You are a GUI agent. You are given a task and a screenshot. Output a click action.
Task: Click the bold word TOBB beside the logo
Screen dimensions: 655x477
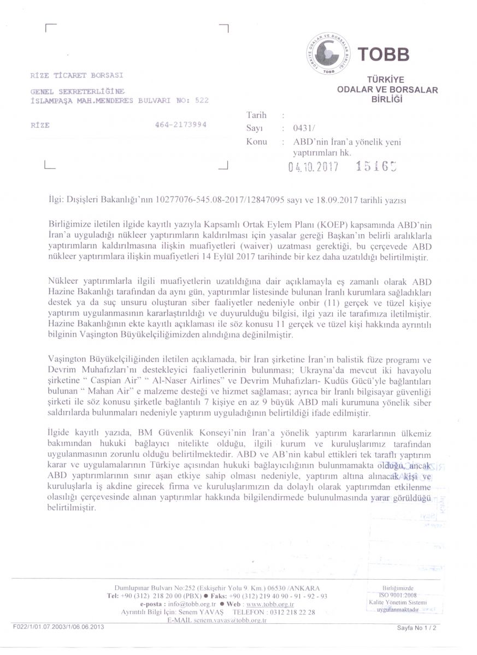383,55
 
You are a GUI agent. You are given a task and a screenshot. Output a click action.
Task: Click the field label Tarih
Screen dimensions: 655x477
257,115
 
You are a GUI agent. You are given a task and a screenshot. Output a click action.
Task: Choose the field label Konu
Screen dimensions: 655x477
257,142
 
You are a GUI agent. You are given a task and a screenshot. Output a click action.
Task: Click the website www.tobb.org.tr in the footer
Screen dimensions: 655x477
268,605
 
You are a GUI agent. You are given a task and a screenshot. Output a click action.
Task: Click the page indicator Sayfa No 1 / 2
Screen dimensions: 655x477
419,628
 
